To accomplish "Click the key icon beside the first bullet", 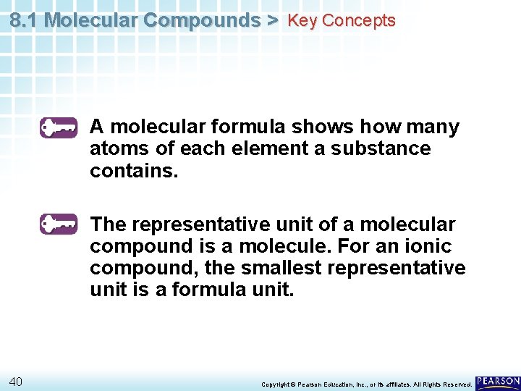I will tap(59, 127).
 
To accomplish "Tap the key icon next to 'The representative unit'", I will tap(59, 224).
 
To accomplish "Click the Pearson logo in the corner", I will tap(498, 382).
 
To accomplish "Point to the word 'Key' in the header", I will tap(302, 20).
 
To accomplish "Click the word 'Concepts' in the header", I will tap(359, 20).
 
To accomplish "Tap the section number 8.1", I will tap(24, 20).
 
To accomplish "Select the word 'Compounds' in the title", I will tap(201, 20).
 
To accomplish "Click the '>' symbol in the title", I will tap(272, 20).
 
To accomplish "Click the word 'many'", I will tap(433, 127).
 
